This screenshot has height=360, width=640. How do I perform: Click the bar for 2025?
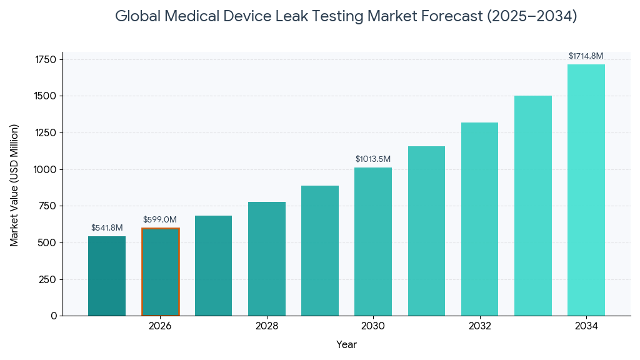coord(107,276)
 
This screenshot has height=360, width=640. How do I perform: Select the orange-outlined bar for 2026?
coord(160,272)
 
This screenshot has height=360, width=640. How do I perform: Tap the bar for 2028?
coord(267,259)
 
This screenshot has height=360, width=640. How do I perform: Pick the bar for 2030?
coord(373,241)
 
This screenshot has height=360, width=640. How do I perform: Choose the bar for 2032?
coord(479,219)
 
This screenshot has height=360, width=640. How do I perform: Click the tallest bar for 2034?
coord(586,190)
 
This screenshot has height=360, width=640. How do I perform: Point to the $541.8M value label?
coord(107,227)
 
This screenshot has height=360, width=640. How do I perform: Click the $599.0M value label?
coord(160,219)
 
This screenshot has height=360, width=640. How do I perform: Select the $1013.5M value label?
coord(373,159)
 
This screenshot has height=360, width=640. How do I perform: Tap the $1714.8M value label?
coord(586,56)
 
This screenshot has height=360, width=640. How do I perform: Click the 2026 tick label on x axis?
coord(160,326)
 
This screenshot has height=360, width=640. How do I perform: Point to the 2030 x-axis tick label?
coord(373,326)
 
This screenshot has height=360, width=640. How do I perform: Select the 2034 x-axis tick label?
coord(586,326)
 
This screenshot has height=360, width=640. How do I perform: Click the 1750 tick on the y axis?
coord(46,59)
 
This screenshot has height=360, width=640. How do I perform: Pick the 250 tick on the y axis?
coord(48,279)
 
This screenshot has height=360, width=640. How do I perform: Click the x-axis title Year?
coord(346,344)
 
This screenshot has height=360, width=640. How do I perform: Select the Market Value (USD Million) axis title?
coord(14,185)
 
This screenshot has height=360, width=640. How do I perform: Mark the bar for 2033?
coord(533,206)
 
